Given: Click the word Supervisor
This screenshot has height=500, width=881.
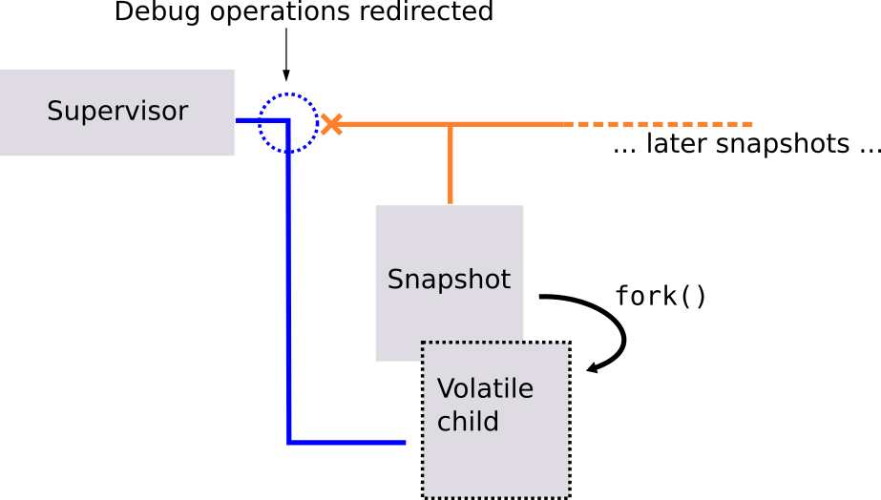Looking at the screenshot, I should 116,112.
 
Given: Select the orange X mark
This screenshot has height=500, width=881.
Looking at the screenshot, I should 331,124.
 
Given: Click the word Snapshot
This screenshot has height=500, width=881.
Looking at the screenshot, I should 449,280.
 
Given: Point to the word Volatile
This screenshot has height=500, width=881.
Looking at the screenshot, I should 485,389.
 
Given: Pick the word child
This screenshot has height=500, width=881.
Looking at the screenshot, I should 468,422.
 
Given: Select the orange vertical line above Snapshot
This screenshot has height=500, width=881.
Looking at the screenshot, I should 451,164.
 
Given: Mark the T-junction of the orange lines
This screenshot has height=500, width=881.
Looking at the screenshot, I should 451,124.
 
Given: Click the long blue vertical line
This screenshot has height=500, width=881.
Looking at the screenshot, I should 288,286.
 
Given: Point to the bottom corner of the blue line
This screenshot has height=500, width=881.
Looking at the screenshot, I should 288,443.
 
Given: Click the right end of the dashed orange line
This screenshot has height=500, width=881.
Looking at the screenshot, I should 752,124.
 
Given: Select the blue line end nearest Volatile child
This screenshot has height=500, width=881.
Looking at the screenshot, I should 405,443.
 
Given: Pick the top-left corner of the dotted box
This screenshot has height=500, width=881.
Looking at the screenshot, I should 424,344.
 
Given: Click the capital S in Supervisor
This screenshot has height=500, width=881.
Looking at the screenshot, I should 54,112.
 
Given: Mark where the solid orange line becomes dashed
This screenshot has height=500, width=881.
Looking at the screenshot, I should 573,124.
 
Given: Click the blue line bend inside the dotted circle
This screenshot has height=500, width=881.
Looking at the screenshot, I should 288,121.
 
